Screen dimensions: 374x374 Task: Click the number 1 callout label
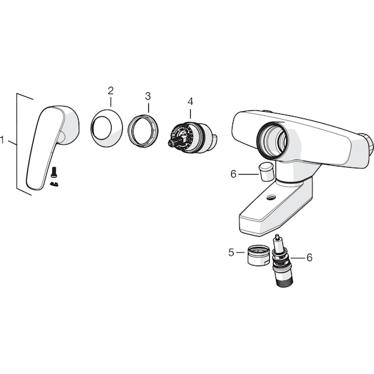[2, 140]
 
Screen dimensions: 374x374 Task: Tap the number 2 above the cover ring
[110, 90]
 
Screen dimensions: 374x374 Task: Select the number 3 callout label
[148, 96]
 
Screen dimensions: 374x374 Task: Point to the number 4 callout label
[190, 102]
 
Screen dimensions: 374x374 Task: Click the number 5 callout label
[231, 252]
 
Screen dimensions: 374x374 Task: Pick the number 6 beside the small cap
[233, 174]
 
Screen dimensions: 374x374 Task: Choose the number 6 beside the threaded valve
[309, 257]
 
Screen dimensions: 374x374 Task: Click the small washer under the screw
[54, 184]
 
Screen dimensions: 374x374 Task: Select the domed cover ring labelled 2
[107, 128]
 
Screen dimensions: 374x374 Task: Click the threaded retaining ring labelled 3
[143, 131]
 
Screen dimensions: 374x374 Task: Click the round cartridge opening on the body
[273, 141]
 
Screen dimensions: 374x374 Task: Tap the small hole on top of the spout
[271, 197]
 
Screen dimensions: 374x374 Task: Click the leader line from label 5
[240, 252]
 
